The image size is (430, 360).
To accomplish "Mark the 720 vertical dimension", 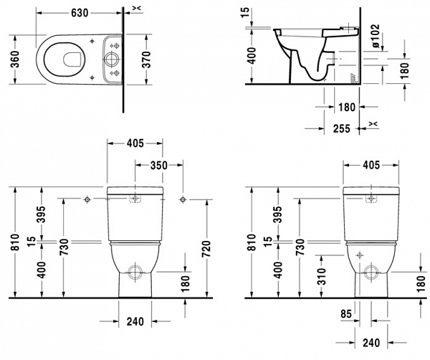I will tap(206, 247).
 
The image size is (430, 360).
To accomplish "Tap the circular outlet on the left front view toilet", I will tap(133, 272).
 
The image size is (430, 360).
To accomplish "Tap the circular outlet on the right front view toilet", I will tap(370, 272).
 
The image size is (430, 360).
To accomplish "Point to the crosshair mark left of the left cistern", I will tap(87, 198).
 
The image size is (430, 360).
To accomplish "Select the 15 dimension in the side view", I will tap(251, 13).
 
